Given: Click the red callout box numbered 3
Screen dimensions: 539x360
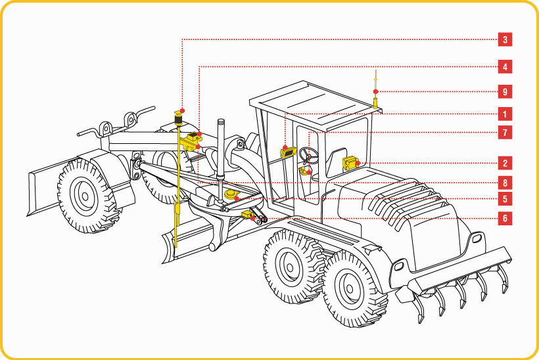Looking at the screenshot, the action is pos(505,39).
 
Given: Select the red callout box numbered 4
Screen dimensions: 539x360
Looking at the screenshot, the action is pos(505,66).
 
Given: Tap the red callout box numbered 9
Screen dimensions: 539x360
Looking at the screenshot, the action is pos(505,92).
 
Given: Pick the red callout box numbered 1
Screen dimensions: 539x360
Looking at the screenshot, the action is pos(505,114).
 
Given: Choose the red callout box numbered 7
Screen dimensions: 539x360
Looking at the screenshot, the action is pos(505,132).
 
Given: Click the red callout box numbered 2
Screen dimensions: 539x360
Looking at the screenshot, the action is pos(505,163).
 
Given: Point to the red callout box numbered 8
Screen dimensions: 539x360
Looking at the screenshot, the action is pos(505,183).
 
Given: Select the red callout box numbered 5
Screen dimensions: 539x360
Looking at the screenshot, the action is pos(505,199).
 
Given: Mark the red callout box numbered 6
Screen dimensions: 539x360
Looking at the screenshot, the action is pos(505,219).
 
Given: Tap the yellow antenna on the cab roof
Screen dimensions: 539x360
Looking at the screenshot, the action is pos(376,89).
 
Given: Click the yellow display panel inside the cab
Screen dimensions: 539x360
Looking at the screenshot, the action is pos(289,152).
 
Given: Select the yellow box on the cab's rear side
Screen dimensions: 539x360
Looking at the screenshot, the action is pos(350,163).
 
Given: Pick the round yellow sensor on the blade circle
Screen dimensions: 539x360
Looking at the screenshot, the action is pos(231,194).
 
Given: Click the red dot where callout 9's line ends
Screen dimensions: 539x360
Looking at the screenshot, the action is pos(376,91).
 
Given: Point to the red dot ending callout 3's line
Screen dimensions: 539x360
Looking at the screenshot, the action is pos(183,110).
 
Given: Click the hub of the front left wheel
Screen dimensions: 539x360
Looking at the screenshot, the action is pos(85,196).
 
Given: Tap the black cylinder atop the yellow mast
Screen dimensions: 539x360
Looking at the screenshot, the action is pos(178,120).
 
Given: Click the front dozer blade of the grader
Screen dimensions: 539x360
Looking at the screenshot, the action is pos(51,187).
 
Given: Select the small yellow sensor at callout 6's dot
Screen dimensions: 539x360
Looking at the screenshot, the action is pos(247,215).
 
